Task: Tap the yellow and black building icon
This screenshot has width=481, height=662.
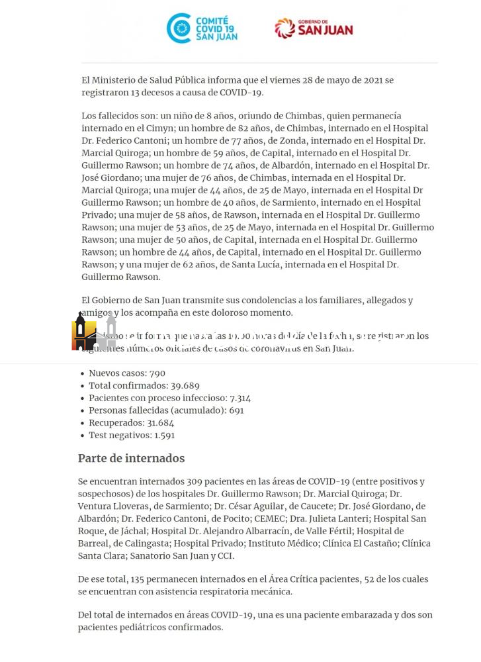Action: (84, 333)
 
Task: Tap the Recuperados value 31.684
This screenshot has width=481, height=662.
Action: (157, 423)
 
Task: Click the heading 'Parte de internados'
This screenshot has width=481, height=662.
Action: (131, 458)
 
